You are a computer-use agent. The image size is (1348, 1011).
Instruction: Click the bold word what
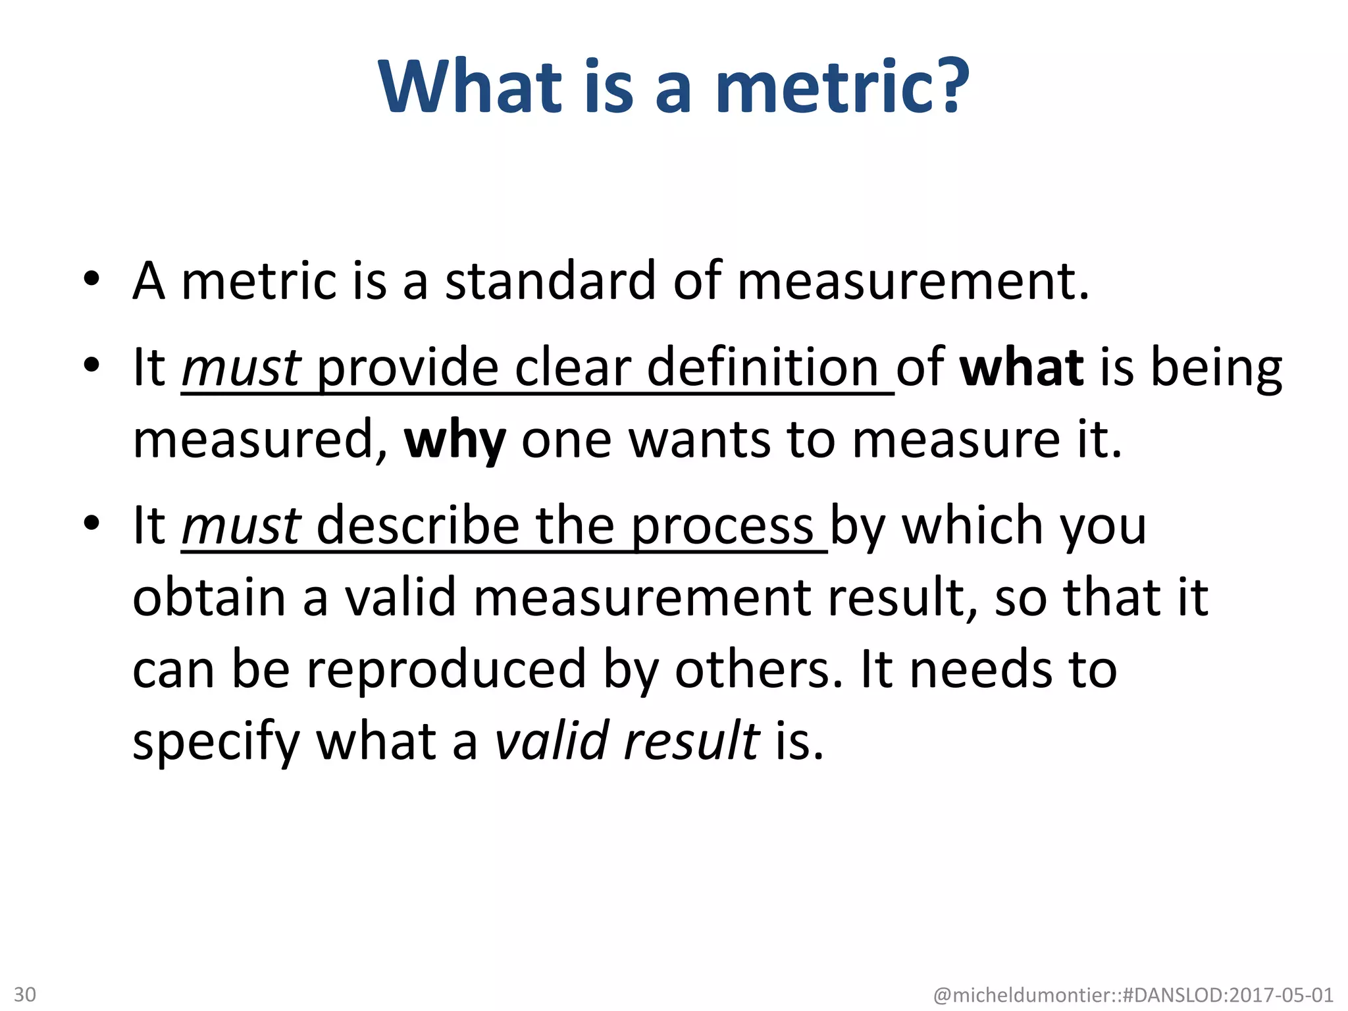point(1022,367)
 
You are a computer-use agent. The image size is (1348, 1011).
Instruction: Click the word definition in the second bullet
point(763,367)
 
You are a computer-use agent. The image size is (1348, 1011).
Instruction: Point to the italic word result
point(692,741)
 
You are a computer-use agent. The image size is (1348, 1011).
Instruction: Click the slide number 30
point(25,994)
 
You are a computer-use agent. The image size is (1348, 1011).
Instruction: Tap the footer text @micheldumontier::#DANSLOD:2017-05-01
point(1133,995)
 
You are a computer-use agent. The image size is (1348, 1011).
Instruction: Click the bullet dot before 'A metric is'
point(91,279)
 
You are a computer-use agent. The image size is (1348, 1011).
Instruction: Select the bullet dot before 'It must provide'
point(91,364)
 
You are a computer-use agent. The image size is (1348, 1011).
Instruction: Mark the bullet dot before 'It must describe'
point(91,523)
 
